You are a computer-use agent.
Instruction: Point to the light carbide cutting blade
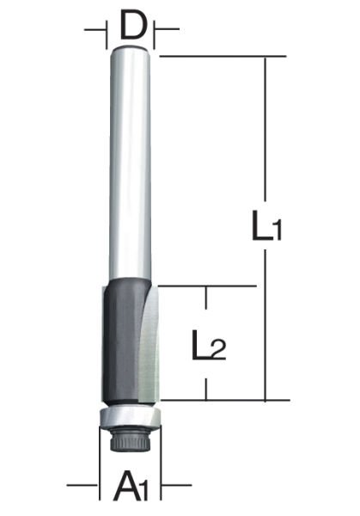coord(148,344)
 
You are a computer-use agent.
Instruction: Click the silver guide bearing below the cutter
coord(129,418)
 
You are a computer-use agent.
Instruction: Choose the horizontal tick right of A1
coord(169,486)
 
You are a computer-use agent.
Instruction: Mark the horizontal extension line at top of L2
coord(206,286)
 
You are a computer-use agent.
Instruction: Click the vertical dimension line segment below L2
coord(207,383)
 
